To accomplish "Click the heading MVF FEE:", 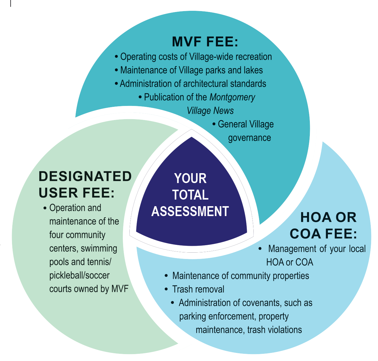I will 205,42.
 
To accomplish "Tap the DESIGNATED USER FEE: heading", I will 85,185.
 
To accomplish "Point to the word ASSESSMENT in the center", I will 190,212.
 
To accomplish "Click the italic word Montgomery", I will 232,97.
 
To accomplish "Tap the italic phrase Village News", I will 210,111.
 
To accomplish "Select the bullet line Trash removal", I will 198,289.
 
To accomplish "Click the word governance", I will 249,138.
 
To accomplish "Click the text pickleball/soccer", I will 80,275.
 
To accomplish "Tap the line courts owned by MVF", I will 89,289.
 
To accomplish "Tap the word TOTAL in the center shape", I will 190,195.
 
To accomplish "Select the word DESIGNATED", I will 85,176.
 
